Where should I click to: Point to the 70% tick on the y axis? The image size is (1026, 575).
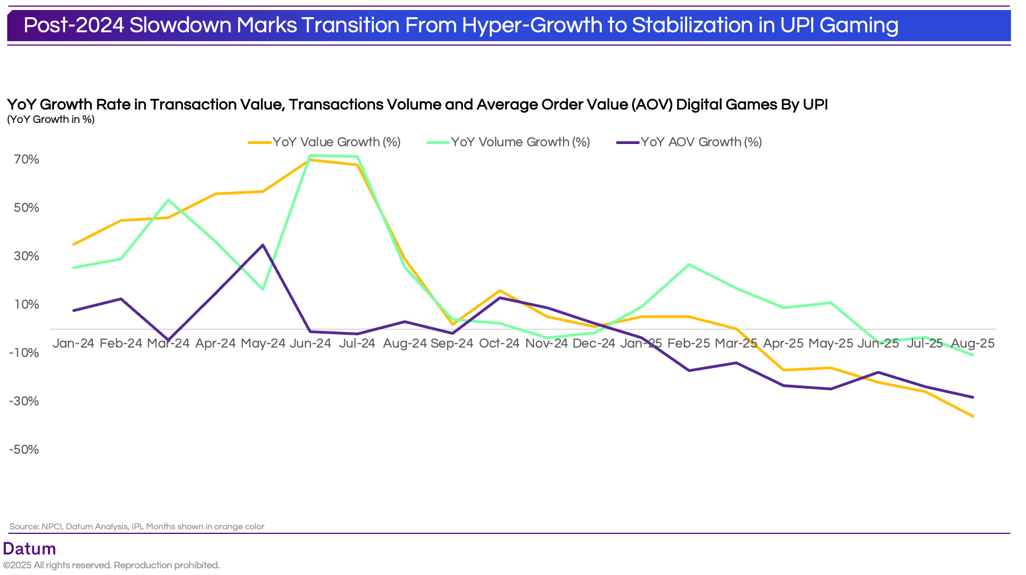click(27, 160)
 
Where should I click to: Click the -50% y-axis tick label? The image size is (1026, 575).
click(24, 449)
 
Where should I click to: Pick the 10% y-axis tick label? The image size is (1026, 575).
click(27, 304)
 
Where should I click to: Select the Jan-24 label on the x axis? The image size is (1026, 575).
click(73, 343)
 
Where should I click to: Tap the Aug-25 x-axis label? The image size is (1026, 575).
click(973, 343)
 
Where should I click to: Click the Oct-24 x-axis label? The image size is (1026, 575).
click(499, 343)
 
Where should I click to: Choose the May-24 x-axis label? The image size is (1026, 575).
click(263, 343)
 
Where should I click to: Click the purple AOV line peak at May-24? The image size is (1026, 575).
click(263, 245)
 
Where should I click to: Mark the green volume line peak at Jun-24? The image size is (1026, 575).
click(310, 155)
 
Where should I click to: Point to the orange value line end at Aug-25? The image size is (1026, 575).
click(973, 416)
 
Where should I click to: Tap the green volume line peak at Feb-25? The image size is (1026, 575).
click(689, 264)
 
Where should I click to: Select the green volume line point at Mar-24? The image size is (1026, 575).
click(168, 200)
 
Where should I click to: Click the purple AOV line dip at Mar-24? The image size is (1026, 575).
click(168, 340)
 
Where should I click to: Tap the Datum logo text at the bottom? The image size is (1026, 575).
click(29, 549)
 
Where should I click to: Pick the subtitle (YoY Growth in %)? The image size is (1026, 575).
click(51, 120)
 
